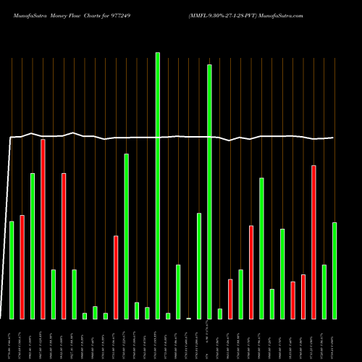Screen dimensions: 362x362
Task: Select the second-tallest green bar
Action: coord(209,192)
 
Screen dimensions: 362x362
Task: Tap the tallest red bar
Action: coord(43,229)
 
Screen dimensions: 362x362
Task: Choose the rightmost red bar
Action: coord(313,242)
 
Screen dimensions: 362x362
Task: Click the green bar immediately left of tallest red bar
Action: coord(33,246)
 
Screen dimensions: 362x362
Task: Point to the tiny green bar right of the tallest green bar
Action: coord(168,316)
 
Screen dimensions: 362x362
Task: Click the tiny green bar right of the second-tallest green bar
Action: coord(220,313)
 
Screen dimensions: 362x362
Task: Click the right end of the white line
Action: coord(334,138)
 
